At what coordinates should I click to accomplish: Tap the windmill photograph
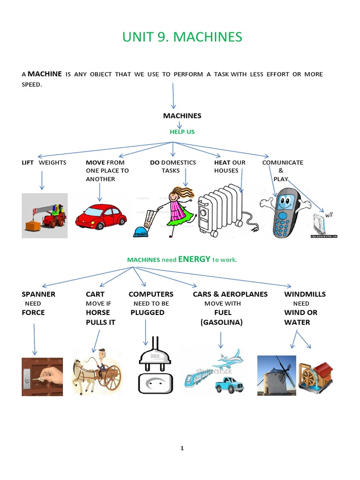277,375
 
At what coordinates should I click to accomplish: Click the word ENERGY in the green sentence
194,259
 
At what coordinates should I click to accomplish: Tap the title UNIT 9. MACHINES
182,37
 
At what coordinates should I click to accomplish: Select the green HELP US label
182,132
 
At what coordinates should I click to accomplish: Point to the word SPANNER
38,294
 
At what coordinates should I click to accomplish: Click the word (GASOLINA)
221,322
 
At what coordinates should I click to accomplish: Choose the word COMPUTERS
151,294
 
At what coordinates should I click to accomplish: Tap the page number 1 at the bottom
182,448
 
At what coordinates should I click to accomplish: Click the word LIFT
28,163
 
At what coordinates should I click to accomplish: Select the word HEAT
222,163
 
